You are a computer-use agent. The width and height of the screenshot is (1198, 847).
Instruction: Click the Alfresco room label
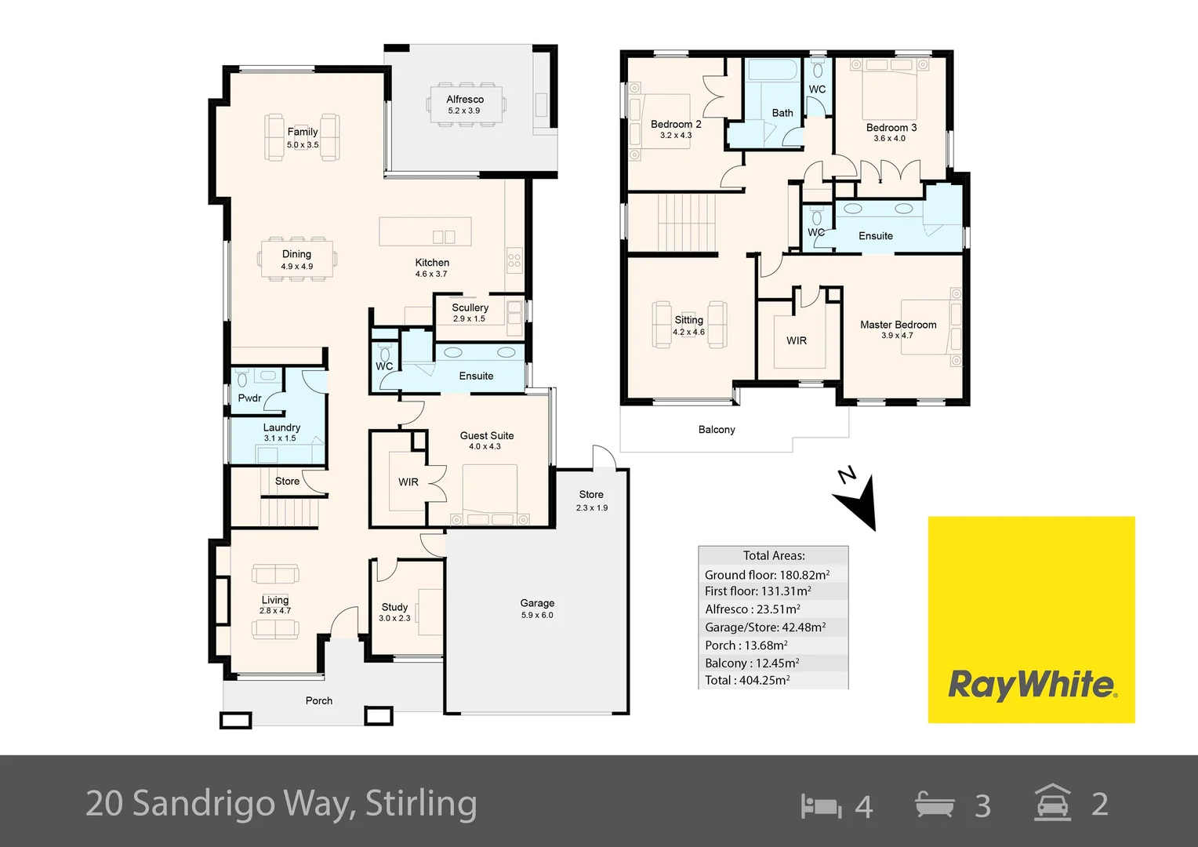(x=465, y=100)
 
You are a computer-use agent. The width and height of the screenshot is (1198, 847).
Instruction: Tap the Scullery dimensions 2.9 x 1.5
(x=469, y=319)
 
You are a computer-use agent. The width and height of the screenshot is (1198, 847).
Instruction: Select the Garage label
(x=537, y=603)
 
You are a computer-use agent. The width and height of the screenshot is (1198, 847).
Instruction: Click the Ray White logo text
(x=1031, y=685)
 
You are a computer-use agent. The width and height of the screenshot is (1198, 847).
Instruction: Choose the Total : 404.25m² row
(x=747, y=681)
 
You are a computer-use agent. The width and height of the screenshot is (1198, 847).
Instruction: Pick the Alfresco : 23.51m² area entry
(x=753, y=609)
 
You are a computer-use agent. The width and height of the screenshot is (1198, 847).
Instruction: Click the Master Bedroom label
(x=898, y=325)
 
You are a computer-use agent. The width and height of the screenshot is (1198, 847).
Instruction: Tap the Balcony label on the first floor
(x=717, y=430)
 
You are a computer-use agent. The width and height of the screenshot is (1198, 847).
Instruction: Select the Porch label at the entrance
(x=319, y=701)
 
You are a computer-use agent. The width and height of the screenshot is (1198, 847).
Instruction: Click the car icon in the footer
(x=1052, y=803)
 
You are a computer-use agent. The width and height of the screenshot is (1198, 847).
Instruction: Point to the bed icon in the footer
(x=820, y=805)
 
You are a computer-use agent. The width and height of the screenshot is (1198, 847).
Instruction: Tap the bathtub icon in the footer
(x=935, y=805)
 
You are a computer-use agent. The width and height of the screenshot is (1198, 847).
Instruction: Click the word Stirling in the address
(x=421, y=804)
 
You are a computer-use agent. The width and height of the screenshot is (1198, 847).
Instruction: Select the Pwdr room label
(x=249, y=398)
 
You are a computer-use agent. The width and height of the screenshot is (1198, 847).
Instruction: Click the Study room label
(x=394, y=607)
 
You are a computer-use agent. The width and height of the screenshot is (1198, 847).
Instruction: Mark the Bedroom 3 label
(x=891, y=128)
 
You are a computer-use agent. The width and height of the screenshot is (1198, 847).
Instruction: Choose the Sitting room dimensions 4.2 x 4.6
(x=688, y=333)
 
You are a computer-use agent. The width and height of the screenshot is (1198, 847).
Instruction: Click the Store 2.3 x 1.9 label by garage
(x=591, y=500)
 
